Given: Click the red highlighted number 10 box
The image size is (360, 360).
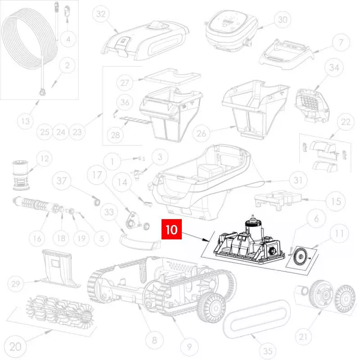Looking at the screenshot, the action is click(x=171, y=229).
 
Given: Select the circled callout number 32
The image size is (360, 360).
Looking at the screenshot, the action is click(x=101, y=14).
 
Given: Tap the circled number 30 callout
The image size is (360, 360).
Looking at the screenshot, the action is click(x=283, y=19).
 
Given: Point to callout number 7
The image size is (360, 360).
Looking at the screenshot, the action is click(x=341, y=42).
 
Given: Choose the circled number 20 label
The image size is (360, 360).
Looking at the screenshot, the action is click(x=15, y=346).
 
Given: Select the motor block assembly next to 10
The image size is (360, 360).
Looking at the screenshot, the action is click(x=249, y=241).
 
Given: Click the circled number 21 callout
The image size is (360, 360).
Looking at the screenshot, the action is click(x=303, y=337).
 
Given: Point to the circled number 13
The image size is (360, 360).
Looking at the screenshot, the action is click(x=26, y=121).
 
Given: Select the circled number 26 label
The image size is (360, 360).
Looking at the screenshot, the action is click(x=201, y=133).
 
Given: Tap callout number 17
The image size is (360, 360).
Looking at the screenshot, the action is click(x=97, y=175).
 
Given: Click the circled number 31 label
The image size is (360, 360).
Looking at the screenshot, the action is click(x=298, y=180).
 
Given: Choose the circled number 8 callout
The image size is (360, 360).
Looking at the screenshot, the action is click(x=154, y=340).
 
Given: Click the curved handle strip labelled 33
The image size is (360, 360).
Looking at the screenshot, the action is click(x=140, y=242).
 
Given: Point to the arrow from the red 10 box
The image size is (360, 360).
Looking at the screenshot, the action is click(x=196, y=237).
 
